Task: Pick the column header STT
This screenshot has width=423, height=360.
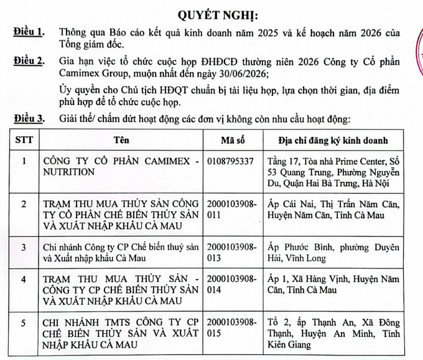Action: pyautogui.click(x=24, y=140)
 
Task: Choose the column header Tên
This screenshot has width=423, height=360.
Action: pyautogui.click(x=121, y=140)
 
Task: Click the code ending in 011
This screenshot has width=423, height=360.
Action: pyautogui.click(x=230, y=208)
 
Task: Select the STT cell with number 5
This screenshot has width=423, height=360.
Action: pyautogui.click(x=24, y=323)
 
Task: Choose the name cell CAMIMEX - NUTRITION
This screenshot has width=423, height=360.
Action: pyautogui.click(x=121, y=167)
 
